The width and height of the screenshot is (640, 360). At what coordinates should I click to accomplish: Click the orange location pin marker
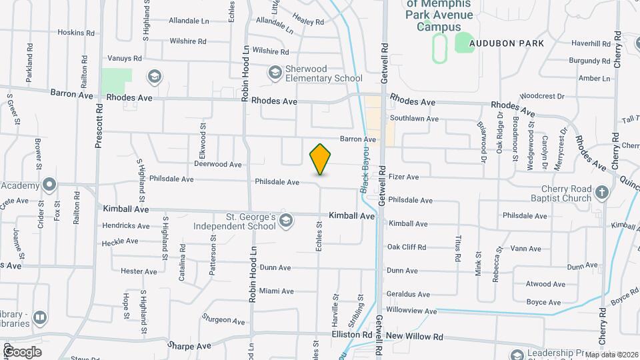[x=320, y=159]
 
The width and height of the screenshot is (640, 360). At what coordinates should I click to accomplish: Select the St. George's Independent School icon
[x=285, y=221]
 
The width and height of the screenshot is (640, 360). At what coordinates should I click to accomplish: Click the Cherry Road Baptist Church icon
[x=602, y=193]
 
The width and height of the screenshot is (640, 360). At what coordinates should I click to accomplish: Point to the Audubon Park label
[x=506, y=43]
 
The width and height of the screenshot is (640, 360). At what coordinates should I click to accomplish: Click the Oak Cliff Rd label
[x=406, y=247]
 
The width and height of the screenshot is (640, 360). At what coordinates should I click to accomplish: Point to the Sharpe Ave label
[x=189, y=346]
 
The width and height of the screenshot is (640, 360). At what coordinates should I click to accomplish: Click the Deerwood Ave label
[x=218, y=164]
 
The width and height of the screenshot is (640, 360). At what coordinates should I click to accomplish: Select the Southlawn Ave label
[x=414, y=119]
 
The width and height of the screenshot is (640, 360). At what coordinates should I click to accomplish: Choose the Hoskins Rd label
[x=75, y=33]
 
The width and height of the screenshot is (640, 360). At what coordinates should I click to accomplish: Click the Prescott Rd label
[x=98, y=126]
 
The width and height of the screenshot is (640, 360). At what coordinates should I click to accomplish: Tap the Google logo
[x=22, y=351]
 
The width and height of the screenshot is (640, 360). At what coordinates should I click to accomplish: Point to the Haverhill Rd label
[x=591, y=44]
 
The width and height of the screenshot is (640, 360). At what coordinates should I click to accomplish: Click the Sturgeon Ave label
[x=219, y=319]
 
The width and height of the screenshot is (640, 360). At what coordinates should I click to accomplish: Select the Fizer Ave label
[x=403, y=177]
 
